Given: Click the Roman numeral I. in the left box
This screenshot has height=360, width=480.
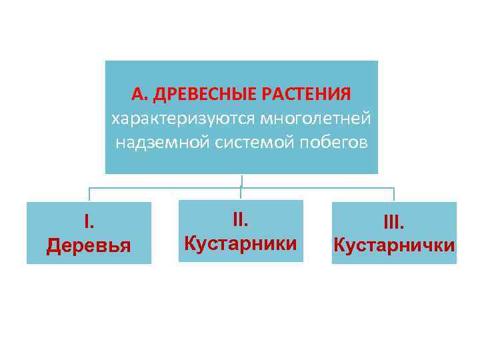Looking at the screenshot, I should point(89,221).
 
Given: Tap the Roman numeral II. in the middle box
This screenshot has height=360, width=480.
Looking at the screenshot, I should point(241,218).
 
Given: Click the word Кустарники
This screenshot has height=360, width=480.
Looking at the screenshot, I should point(241,243).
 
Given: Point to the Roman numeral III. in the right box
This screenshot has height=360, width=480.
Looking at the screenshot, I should point(394,221).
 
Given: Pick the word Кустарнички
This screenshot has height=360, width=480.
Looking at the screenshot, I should point(394,245).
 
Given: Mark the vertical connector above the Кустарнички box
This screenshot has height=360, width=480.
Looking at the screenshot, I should point(394,195).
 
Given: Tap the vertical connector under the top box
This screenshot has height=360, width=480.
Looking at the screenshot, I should point(241,181).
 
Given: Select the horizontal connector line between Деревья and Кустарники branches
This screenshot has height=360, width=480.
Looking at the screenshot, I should point(165,188).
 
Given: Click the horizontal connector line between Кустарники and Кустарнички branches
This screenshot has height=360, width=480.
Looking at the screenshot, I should point(317,188).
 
